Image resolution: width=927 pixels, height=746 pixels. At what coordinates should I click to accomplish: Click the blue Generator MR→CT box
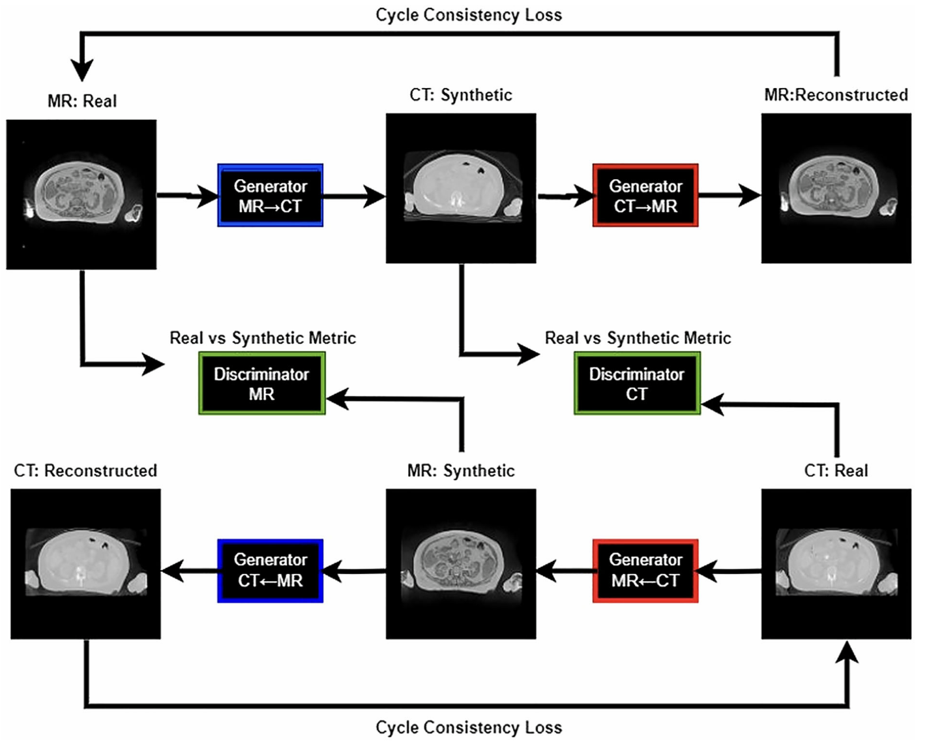[270, 196]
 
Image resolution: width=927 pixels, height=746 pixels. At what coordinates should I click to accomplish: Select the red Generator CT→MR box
[645, 196]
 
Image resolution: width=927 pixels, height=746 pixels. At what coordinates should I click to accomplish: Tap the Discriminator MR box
[261, 383]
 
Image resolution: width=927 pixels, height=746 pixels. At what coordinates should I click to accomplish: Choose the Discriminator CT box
[637, 383]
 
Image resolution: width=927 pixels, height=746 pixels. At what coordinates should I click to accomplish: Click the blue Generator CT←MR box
[270, 571]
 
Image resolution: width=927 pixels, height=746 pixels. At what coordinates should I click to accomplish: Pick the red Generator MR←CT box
[645, 571]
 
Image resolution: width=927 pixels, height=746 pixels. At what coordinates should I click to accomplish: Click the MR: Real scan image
[81, 194]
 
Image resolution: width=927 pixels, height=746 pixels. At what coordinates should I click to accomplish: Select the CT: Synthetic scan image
[461, 188]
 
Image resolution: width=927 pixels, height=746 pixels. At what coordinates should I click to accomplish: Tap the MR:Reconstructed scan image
[836, 188]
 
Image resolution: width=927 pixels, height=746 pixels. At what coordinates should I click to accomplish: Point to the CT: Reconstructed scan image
[85, 564]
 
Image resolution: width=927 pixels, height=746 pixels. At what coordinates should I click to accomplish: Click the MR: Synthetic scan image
[461, 564]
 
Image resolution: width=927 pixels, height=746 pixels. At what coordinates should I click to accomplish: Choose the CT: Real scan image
[836, 564]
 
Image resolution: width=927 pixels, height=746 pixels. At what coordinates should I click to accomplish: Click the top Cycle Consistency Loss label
[469, 15]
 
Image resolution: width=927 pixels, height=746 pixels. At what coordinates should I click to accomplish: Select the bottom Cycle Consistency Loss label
[469, 727]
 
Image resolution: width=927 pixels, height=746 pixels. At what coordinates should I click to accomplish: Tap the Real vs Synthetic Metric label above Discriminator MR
[263, 338]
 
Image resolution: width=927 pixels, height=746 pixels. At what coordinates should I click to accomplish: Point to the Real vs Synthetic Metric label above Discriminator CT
[638, 338]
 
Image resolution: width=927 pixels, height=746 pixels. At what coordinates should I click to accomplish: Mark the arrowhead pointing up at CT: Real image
[847, 652]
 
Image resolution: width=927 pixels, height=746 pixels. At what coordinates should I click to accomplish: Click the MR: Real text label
[82, 101]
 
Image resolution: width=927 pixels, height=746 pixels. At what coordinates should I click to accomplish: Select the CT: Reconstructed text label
[85, 471]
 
